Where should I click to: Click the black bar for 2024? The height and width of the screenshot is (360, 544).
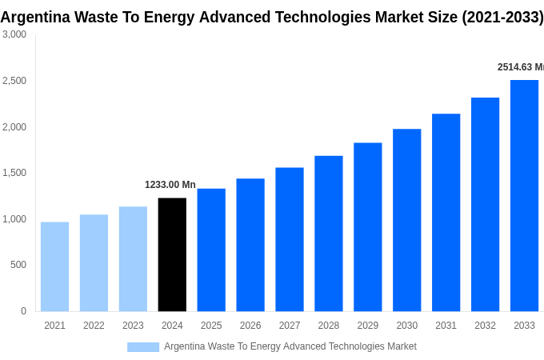click(172, 254)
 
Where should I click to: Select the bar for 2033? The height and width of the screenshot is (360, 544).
click(524, 195)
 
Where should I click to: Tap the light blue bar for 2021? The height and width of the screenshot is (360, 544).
click(54, 266)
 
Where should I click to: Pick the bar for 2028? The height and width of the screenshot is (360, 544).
click(328, 234)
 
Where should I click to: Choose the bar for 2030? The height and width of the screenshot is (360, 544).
click(406, 220)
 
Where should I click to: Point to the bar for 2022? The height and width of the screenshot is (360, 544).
click(94, 262)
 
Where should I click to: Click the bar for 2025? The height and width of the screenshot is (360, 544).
click(211, 250)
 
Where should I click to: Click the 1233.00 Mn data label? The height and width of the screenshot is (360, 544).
click(170, 185)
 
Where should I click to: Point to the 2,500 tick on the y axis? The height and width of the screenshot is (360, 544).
click(14, 81)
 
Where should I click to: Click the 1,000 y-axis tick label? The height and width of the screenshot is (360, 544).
click(14, 219)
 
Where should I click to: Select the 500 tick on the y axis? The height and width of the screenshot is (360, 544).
click(18, 265)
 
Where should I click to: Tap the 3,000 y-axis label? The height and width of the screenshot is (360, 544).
click(14, 34)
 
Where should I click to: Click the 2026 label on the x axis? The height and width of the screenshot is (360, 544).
click(250, 326)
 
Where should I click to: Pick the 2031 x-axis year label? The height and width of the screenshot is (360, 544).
click(446, 326)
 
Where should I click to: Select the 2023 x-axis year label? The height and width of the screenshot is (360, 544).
click(133, 326)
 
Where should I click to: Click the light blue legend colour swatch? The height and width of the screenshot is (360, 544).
click(143, 347)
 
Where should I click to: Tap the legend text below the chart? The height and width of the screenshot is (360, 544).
click(290, 346)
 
